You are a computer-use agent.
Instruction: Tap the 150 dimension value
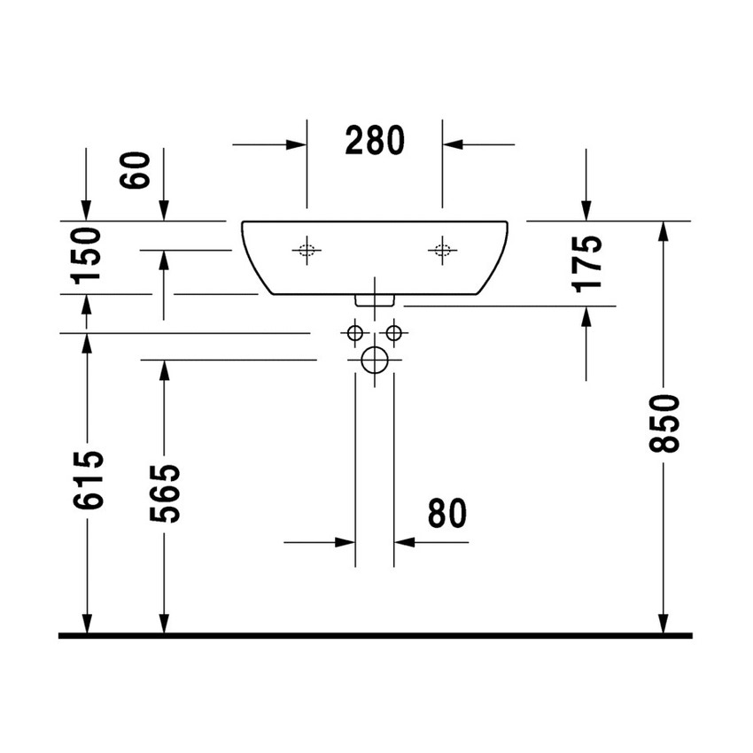pos(88,255)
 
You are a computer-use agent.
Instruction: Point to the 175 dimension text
pos(588,262)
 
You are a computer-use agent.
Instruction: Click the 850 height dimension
pos(664,424)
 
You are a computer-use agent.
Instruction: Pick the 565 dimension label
pos(165,493)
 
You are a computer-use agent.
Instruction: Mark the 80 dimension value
pos(446,514)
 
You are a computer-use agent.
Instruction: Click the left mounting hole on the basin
pos(306,251)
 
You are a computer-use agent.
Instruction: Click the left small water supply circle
pos(354,333)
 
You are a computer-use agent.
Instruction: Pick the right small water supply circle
pos(394,333)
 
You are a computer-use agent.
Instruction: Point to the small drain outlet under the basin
pos(375,300)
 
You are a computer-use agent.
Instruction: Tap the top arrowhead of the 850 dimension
pos(664,232)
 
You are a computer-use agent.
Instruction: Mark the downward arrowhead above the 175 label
pos(586,210)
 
